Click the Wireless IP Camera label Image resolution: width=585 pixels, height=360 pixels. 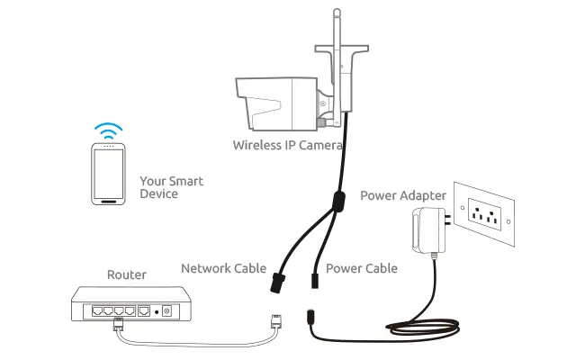coord(287,144)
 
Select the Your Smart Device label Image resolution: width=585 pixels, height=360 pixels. coord(171,187)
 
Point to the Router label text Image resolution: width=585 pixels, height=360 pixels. coord(126,274)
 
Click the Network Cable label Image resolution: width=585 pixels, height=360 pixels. coord(223,268)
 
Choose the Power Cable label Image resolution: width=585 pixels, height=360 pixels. coord(361,268)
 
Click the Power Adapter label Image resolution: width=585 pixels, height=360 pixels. coord(402,194)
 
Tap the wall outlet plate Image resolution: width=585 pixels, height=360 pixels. coord(485,214)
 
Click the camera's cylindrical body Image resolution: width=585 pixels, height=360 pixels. coord(274,99)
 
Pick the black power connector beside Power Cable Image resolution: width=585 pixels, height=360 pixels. coord(315,278)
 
